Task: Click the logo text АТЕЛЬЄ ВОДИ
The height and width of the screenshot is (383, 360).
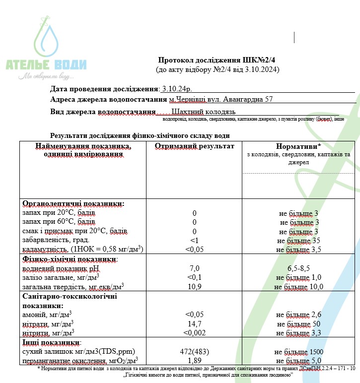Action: tap(46, 64)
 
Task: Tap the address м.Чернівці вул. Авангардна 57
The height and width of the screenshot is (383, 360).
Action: tap(221, 99)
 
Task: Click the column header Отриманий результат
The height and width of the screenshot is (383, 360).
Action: tap(194, 147)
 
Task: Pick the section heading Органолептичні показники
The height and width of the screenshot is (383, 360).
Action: tap(73, 204)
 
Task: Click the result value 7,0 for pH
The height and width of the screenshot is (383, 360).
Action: tap(195, 268)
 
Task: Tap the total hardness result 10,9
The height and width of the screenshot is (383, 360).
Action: tap(195, 287)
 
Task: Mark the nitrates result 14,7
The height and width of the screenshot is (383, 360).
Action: tap(195, 323)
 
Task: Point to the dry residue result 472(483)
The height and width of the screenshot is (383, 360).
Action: tap(195, 351)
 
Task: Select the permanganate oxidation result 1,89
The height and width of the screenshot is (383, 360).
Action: tap(195, 360)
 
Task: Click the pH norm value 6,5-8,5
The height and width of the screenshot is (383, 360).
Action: tap(298, 268)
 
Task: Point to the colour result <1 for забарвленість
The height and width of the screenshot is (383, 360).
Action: tap(195, 241)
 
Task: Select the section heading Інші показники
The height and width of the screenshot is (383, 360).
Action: tap(51, 342)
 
